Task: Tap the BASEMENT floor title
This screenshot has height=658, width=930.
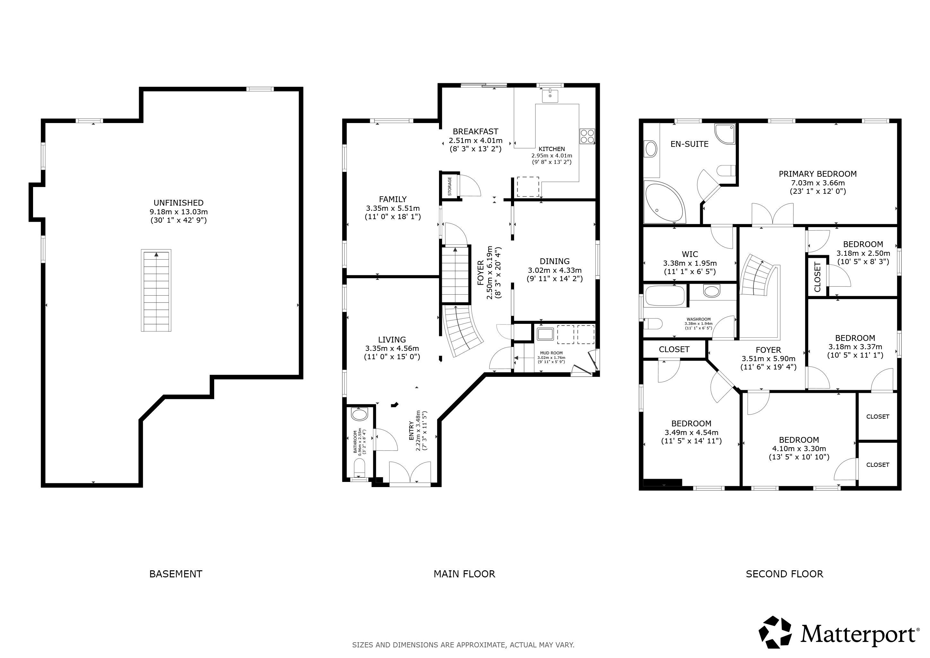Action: pos(176,574)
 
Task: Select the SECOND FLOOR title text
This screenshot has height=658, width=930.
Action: pos(785,574)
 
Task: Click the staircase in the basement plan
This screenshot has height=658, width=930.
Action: pos(156,290)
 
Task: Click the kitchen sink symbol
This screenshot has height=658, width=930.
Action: pos(550,96)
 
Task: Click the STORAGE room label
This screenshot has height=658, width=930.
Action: pos(450,186)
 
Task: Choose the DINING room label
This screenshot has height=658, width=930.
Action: pos(555,261)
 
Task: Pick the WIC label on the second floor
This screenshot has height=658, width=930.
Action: pos(690,254)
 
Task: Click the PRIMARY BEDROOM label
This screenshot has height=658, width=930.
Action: pos(818,174)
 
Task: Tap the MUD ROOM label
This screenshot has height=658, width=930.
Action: pos(551,353)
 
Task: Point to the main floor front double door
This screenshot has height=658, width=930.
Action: pos(409,472)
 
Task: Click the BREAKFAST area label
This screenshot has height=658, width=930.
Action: pos(476,131)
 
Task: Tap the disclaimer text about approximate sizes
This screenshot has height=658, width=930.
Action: pos(463,645)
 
